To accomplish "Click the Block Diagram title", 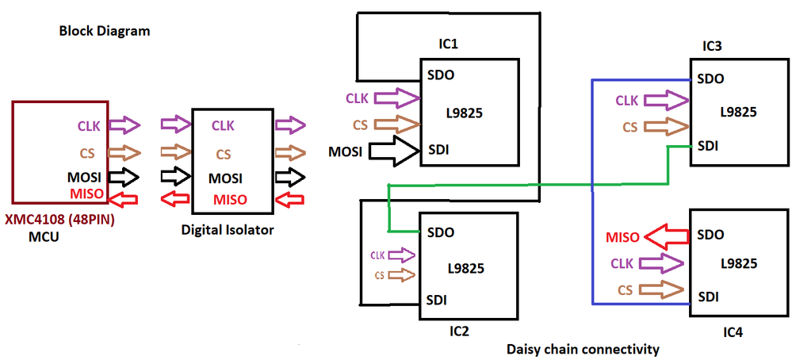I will coord(105,32).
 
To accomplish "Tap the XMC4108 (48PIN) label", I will coord(60,218).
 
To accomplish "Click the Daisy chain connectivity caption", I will coord(583,348).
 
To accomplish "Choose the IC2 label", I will coord(459,330).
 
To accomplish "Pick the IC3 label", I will coord(712,46).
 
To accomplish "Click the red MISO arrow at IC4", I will coord(668,236).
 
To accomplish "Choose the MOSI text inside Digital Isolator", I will coord(225,178).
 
